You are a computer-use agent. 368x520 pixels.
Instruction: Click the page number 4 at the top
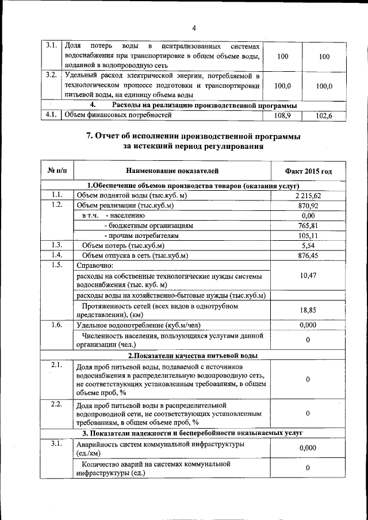point(194,28)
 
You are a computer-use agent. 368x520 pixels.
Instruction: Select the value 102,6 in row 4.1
point(324,115)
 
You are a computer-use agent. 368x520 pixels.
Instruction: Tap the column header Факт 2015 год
point(308,171)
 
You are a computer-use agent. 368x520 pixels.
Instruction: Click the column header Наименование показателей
point(172,171)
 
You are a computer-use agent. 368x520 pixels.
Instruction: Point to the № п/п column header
point(57,171)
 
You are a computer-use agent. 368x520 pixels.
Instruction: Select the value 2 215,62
point(308,196)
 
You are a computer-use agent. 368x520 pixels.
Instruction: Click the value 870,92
point(308,206)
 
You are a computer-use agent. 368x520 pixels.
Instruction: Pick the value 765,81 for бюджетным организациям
point(308,225)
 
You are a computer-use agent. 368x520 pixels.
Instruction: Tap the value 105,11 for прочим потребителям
point(308,236)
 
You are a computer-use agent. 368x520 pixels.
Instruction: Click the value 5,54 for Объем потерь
point(308,245)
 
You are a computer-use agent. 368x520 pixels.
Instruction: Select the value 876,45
point(308,255)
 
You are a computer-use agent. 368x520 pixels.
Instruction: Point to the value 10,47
point(308,276)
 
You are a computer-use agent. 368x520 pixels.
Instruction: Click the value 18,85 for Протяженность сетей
point(308,310)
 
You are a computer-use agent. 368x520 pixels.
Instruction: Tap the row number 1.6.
point(56,325)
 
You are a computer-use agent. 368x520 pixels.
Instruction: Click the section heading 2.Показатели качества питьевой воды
point(192,356)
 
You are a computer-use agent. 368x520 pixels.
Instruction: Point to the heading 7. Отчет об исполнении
point(193,136)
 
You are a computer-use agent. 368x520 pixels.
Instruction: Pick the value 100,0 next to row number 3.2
point(279,86)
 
